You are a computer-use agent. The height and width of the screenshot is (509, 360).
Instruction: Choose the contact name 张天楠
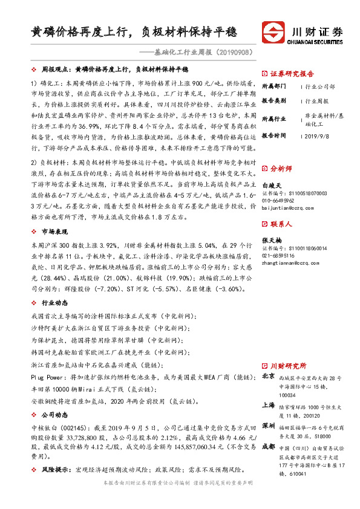[271, 241]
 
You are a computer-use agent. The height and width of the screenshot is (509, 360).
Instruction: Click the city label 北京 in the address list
[267, 375]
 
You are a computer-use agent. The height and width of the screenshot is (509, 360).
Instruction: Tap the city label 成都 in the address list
[267, 447]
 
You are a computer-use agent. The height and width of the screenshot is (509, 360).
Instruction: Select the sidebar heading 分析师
[281, 169]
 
